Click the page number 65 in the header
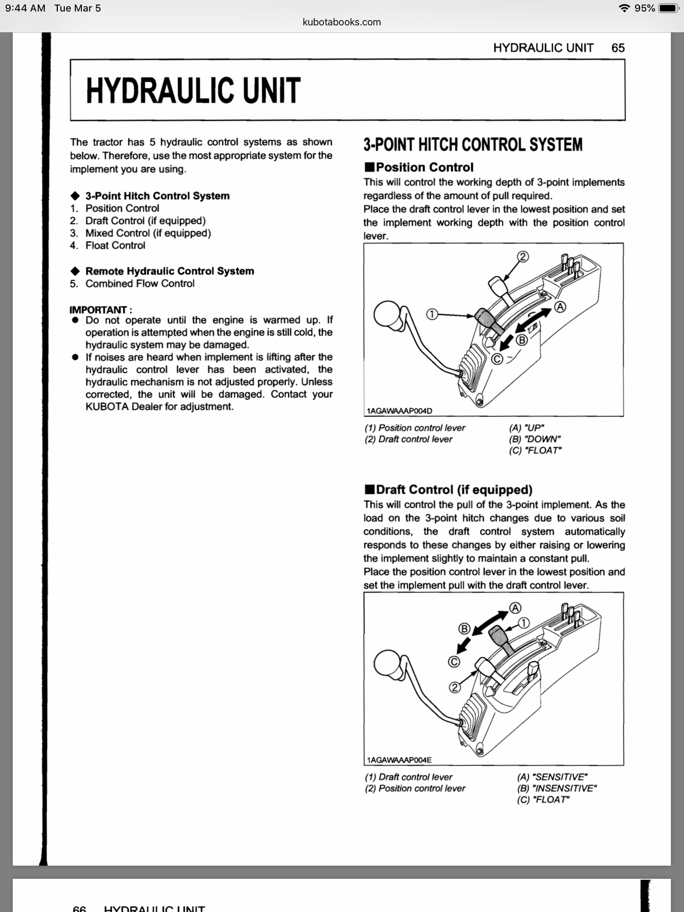click(618, 48)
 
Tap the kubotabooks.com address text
click(341, 22)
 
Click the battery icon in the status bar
click(668, 8)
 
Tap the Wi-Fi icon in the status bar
click(624, 8)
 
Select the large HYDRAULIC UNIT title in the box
click(193, 91)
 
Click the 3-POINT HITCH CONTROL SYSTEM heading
click(472, 145)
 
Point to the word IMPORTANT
click(98, 310)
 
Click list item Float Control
click(115, 246)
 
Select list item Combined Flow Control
click(140, 284)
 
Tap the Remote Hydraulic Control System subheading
click(169, 271)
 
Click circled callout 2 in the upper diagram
click(522, 257)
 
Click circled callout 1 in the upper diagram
click(431, 315)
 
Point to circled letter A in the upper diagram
click(560, 307)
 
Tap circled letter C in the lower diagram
click(454, 662)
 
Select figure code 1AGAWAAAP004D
click(399, 411)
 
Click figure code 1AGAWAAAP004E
click(399, 760)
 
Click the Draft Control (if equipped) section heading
click(454, 490)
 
